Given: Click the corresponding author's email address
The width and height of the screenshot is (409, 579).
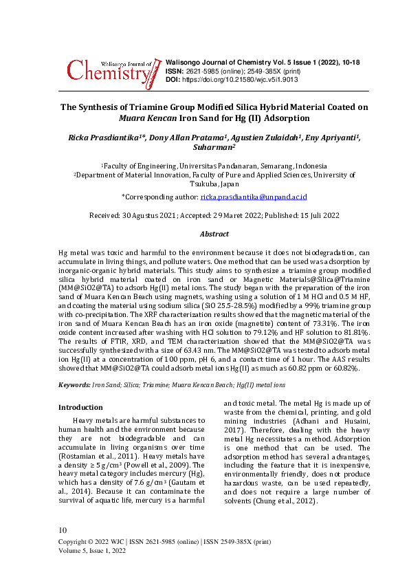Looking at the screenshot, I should (x=253, y=197).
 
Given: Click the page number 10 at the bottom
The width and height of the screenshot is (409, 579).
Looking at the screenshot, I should (x=64, y=530).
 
